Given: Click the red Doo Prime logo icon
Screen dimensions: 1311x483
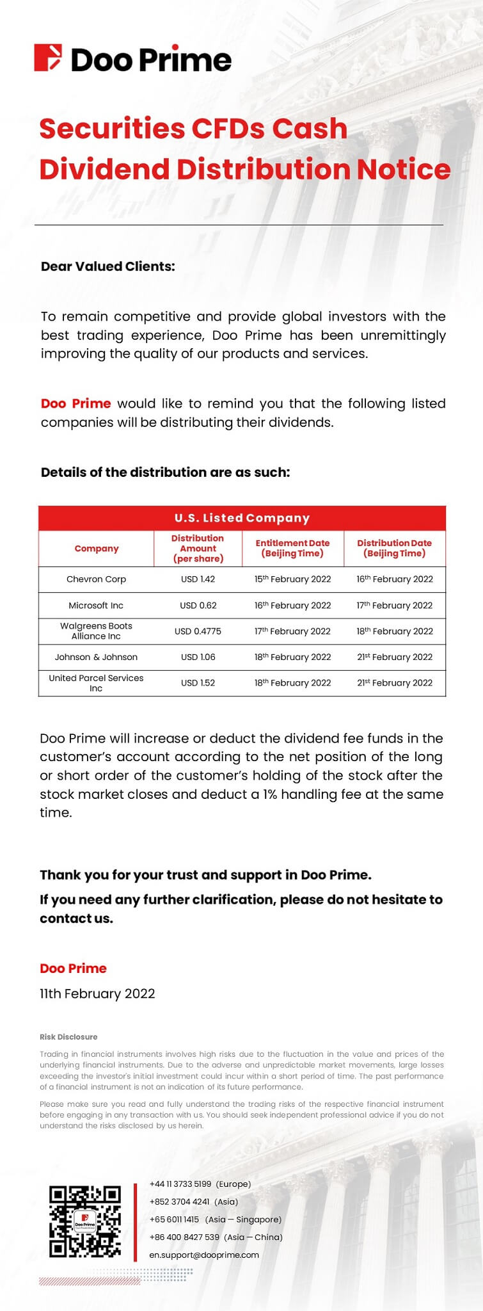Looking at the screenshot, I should point(48,58).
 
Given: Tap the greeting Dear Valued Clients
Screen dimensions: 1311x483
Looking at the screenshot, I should point(107,266).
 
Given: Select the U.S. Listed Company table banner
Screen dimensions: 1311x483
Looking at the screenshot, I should point(242,518).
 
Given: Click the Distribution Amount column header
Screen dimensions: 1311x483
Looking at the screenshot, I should point(198,548).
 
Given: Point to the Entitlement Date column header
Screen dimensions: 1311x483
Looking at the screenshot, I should point(292,548).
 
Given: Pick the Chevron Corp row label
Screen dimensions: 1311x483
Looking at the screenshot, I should point(96,579).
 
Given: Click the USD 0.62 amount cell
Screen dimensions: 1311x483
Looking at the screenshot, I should point(198,605).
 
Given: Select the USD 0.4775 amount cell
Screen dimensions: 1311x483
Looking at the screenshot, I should point(198,631).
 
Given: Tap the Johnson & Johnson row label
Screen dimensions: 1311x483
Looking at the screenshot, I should point(96,657).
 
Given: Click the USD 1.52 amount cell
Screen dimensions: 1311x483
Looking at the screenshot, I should point(198,683).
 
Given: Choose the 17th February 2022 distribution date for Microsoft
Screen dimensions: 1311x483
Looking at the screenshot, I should point(394,605).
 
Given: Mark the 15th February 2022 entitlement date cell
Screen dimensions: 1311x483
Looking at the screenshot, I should point(292,579).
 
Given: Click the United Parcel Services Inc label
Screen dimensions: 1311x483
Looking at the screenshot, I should point(96,683).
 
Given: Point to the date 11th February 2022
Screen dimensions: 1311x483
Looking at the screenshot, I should point(97,993).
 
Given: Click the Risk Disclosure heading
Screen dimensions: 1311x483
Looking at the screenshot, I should point(68,1036).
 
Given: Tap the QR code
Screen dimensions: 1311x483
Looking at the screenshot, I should point(85,1221).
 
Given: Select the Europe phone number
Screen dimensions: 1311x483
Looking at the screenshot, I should point(180,1184).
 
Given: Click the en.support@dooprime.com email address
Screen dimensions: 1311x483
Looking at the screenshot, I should point(204,1255).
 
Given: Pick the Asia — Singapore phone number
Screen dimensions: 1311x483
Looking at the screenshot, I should point(174,1219).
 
